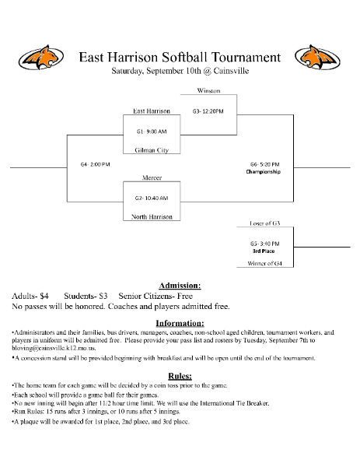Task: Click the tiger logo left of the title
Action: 40,57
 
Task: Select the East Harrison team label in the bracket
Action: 152,111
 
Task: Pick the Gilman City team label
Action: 152,149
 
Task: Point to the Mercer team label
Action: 152,177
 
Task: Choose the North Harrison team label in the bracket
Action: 152,216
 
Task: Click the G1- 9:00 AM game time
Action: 152,130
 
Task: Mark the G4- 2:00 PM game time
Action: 95,164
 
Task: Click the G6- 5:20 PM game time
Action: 264,164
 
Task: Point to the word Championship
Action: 264,172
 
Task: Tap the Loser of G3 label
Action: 264,223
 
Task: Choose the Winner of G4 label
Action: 264,264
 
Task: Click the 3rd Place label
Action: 264,251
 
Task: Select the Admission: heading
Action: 180,286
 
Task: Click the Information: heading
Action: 180,323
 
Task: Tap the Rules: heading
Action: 180,376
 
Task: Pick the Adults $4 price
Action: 30,297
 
